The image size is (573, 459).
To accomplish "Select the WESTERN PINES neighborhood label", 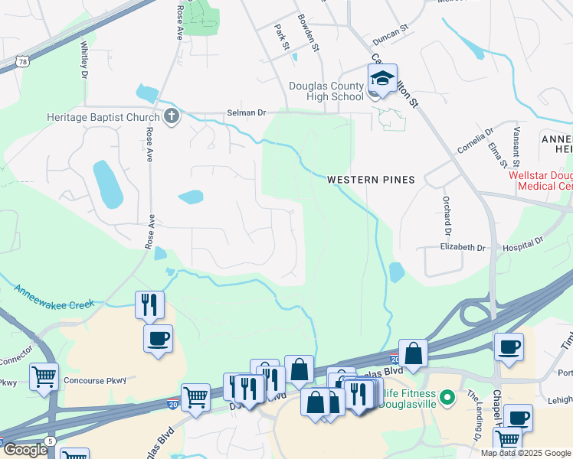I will (371, 180).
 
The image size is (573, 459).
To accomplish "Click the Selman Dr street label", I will (245, 112).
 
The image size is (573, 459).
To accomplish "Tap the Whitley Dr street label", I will (83, 59).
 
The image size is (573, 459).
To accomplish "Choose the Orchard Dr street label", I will (445, 215).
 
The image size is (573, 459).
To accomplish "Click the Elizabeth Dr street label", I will (463, 248).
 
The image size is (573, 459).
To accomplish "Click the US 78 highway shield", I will (19, 60).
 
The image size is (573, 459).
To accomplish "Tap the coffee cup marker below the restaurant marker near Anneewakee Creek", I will (158, 339).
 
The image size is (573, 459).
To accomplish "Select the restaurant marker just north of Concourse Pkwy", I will (149, 305).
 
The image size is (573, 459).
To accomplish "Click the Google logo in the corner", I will (25, 450).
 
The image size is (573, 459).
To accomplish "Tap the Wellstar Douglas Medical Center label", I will (541, 181).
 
